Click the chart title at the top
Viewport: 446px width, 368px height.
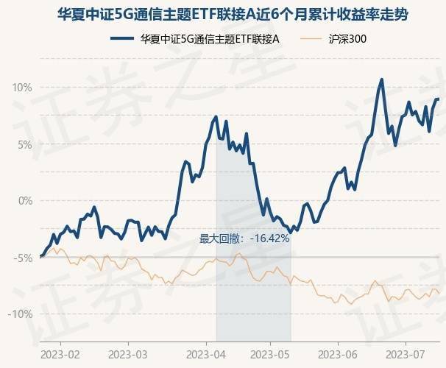(x=223, y=14)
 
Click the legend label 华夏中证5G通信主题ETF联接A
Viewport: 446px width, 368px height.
(x=210, y=40)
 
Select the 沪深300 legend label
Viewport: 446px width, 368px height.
(x=347, y=40)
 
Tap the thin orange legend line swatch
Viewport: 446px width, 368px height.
(x=309, y=40)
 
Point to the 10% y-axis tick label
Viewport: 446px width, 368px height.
(x=22, y=88)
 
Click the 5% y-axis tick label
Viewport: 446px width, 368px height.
(x=24, y=144)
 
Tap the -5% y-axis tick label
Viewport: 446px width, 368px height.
(x=23, y=258)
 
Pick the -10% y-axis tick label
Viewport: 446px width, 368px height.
(x=21, y=314)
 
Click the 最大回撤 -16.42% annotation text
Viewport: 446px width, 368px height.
(x=244, y=238)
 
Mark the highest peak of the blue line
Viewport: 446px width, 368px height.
(x=381, y=79)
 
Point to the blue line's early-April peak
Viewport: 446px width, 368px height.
(x=216, y=117)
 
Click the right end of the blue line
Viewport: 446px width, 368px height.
(x=439, y=99)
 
